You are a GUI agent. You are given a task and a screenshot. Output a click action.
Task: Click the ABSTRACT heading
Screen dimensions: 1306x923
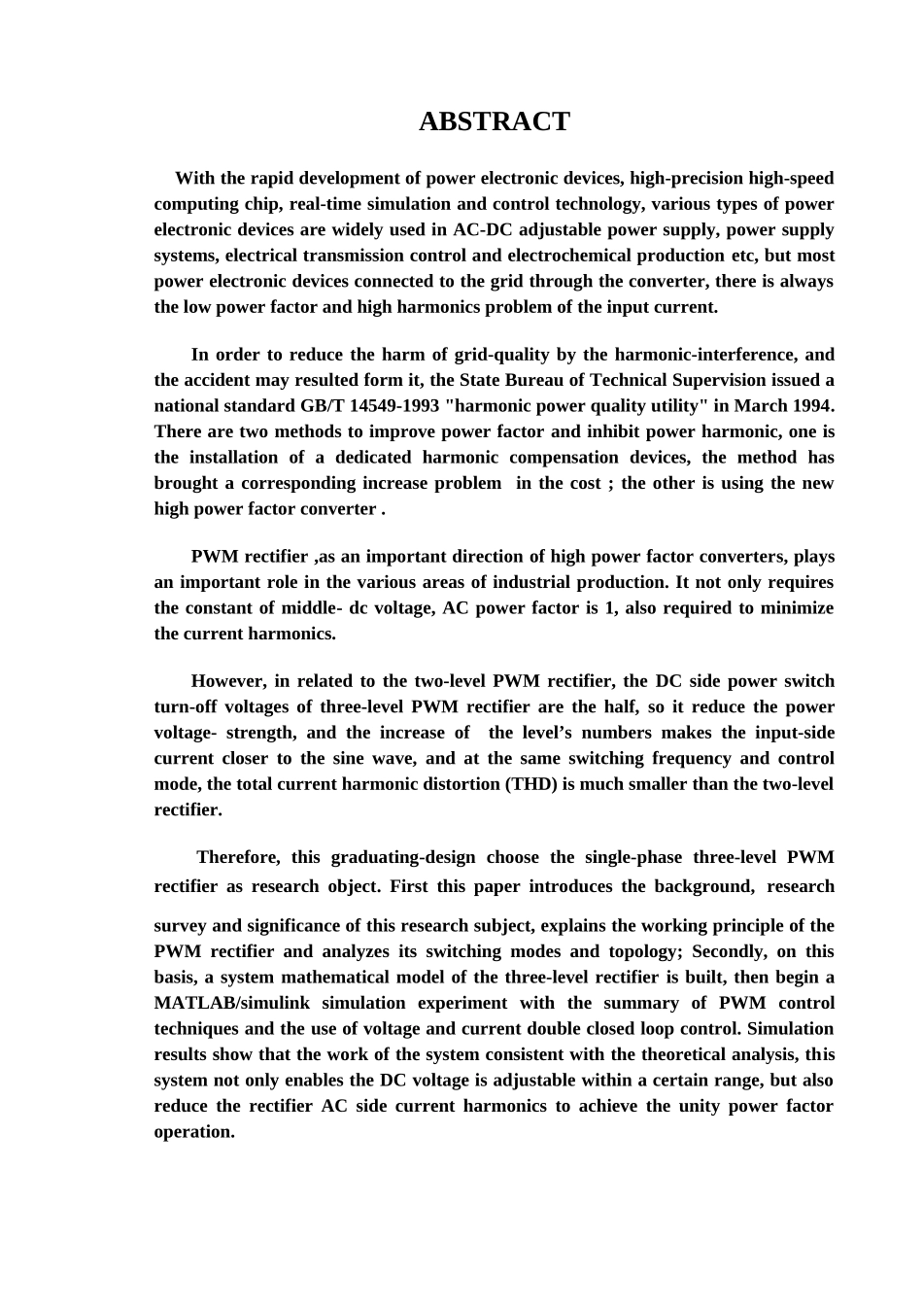point(494,122)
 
